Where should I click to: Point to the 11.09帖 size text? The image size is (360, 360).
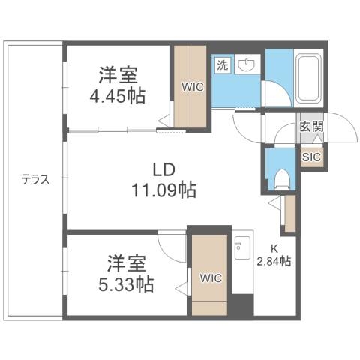[x=165, y=190]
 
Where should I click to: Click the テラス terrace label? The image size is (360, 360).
[x=34, y=180]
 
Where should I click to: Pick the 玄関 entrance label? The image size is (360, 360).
[x=311, y=127]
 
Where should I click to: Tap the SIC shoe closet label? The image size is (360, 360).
[x=311, y=157]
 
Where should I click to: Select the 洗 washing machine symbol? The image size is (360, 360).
[x=222, y=65]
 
